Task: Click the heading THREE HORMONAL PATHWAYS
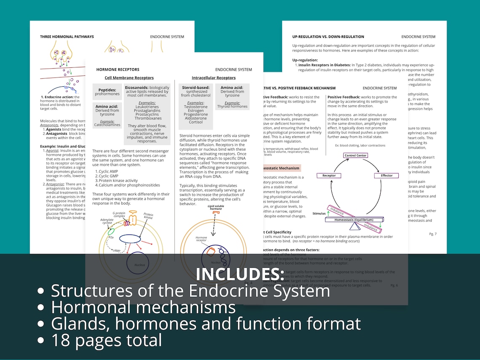click(67, 37)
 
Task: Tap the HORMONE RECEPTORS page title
click(118, 69)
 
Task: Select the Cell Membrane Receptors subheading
click(129, 78)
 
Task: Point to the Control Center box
click(355, 155)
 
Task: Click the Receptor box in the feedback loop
click(329, 176)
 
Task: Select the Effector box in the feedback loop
click(387, 176)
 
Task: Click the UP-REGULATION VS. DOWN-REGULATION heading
click(328, 37)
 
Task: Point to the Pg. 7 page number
click(433, 234)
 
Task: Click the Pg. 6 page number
click(394, 285)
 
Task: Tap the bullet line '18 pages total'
click(107, 340)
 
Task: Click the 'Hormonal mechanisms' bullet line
click(143, 307)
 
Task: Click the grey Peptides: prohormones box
click(107, 91)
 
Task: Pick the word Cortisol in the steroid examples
click(196, 122)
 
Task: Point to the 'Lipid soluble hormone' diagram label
click(216, 208)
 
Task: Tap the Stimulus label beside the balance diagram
click(319, 213)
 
